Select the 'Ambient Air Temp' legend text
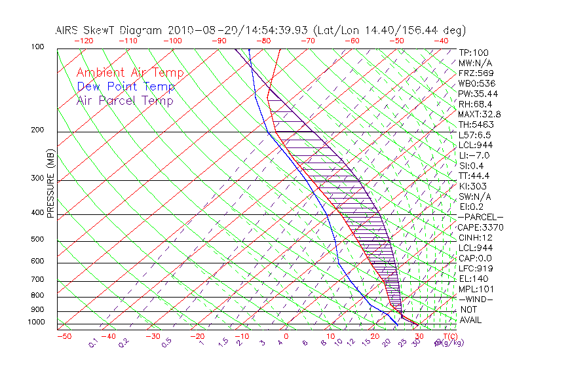click(x=130, y=73)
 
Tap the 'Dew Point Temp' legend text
click(x=126, y=87)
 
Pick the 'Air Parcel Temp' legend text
click(x=125, y=100)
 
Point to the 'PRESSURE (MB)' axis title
click(x=50, y=183)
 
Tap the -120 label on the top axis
click(x=83, y=41)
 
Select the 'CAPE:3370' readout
click(x=481, y=227)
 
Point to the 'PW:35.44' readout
click(x=478, y=94)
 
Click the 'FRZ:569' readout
click(x=476, y=73)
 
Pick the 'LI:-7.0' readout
click(x=474, y=155)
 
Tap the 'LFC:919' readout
click(x=475, y=269)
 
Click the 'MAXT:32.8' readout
click(x=480, y=114)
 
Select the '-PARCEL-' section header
click(x=481, y=217)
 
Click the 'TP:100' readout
click(x=474, y=52)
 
